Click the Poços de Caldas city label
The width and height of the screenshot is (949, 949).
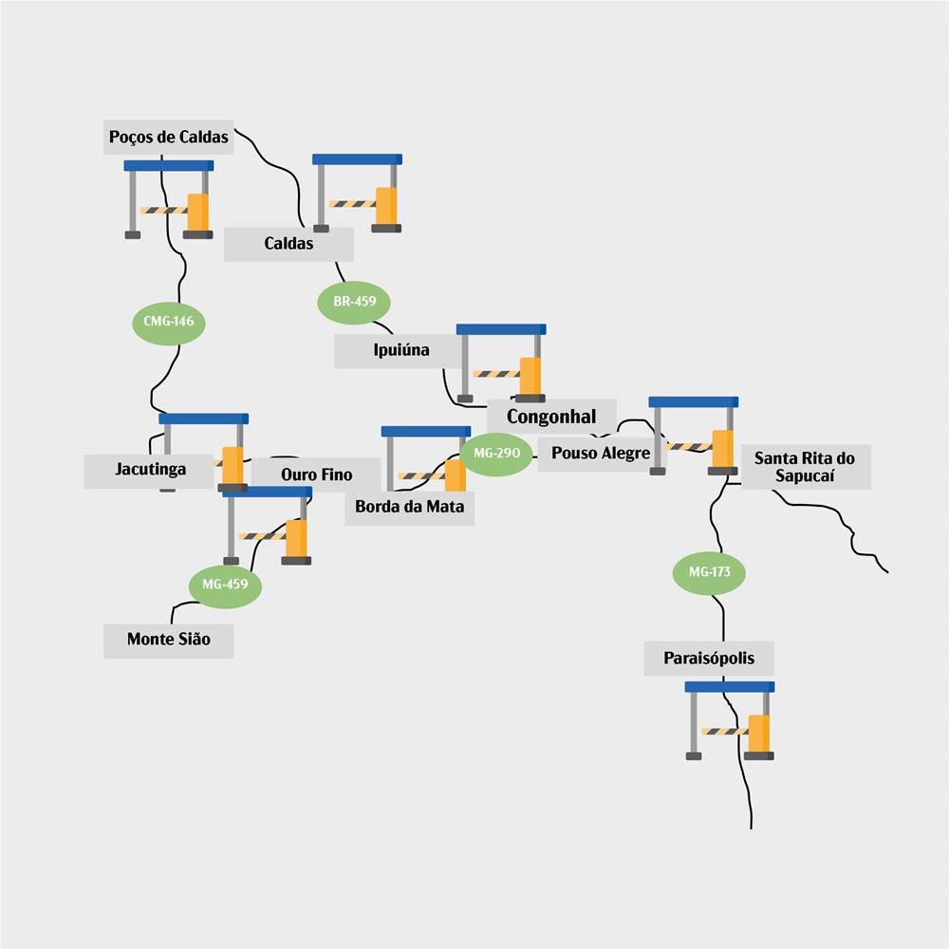[x=169, y=137]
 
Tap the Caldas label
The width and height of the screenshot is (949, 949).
[x=288, y=244]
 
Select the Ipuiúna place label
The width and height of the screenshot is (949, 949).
[x=401, y=350]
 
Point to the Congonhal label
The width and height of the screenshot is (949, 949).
[x=551, y=417]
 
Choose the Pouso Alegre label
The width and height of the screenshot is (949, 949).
[x=601, y=454]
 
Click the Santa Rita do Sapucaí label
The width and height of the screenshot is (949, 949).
[x=805, y=467]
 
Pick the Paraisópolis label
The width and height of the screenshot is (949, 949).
[x=709, y=658]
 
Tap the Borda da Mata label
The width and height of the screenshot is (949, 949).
[x=410, y=507]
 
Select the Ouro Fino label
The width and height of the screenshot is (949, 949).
[x=316, y=474]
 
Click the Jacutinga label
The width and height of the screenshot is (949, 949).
[x=150, y=469]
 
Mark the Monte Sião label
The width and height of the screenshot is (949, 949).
[x=169, y=640]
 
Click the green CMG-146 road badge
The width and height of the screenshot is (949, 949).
[x=169, y=321]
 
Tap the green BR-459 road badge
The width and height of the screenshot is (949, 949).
[x=354, y=303]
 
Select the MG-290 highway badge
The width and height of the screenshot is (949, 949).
[x=496, y=454]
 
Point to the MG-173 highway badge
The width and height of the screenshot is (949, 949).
[x=709, y=572]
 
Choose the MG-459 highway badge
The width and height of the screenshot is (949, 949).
[x=225, y=585]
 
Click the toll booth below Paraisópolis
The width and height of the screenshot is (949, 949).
[x=730, y=720]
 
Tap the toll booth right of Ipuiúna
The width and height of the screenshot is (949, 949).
[x=501, y=363]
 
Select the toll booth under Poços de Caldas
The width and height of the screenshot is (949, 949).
[x=169, y=199]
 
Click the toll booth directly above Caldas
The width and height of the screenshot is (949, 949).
[x=357, y=193]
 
